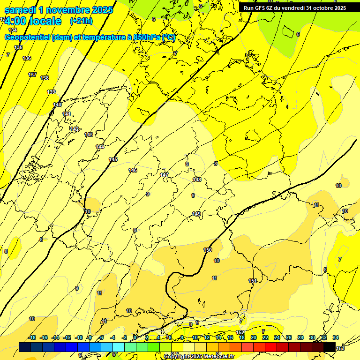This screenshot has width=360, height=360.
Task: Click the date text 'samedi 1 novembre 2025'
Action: tap(59, 10)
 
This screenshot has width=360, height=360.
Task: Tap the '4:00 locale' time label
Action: tap(33, 21)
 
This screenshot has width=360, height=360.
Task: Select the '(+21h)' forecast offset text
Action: tap(81, 21)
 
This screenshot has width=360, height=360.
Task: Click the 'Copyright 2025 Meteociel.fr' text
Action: tap(199, 356)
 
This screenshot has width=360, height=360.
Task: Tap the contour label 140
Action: tap(57, 105)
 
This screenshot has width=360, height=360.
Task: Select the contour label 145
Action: tap(113, 160)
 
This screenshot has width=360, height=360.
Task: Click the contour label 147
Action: tap(164, 175)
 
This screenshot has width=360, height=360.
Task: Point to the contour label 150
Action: tap(208, 250)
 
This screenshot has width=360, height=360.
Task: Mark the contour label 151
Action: tap(253, 281)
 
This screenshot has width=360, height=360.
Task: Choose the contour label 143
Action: tap(89, 135)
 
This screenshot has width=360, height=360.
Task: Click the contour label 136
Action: tap(27, 58)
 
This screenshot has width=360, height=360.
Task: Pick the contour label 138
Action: tap(45, 78)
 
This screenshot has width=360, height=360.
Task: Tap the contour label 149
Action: tap(196, 214)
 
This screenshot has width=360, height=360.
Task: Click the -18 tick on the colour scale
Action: tap(32, 337)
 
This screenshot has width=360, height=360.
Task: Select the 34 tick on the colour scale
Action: tap(335, 337)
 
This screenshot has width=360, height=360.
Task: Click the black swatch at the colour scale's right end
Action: tap(329, 347)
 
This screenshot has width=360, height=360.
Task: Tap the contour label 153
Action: tap(341, 347)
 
